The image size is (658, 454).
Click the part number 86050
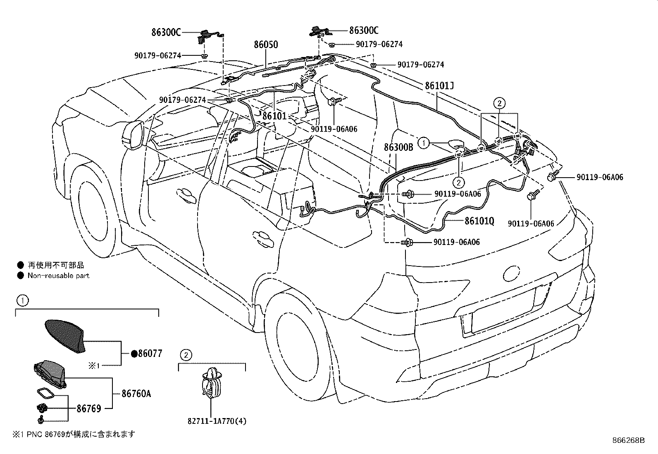tap(266, 45)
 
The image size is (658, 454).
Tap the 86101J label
tap(439, 86)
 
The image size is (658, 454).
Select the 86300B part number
tap(398, 147)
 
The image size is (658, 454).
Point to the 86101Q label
tap(479, 221)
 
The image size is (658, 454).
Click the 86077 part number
tap(150, 353)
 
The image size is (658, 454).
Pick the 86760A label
tap(136, 394)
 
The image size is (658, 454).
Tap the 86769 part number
tap(89, 409)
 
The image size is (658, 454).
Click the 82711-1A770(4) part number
tap(217, 421)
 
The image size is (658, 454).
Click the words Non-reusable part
tap(58, 276)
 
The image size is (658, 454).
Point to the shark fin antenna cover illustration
tap(64, 336)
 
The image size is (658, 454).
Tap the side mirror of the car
tap(133, 135)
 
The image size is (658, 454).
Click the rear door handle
tap(263, 238)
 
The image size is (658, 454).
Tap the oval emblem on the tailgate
tap(511, 274)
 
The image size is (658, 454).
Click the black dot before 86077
tap(134, 354)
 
